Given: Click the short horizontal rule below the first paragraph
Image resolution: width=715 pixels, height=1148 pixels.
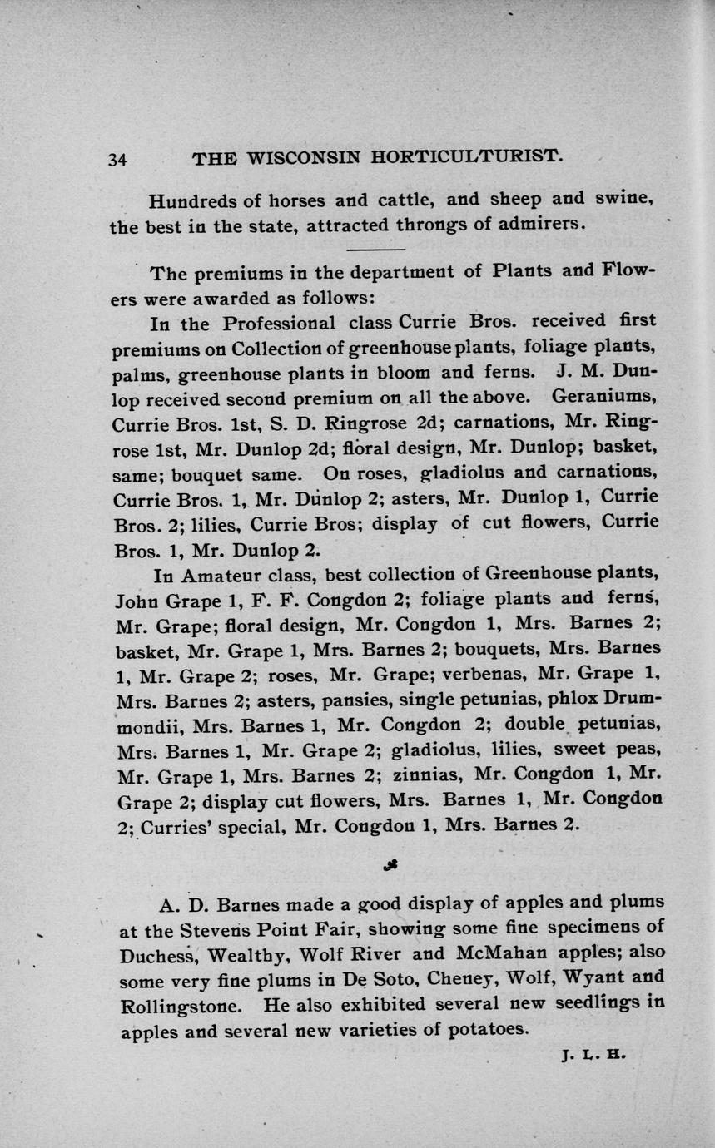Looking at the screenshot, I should (x=374, y=249).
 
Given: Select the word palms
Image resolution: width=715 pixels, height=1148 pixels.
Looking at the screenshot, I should (x=136, y=373).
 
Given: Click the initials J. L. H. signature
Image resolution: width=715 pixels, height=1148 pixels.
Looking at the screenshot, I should (x=593, y=1055).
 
